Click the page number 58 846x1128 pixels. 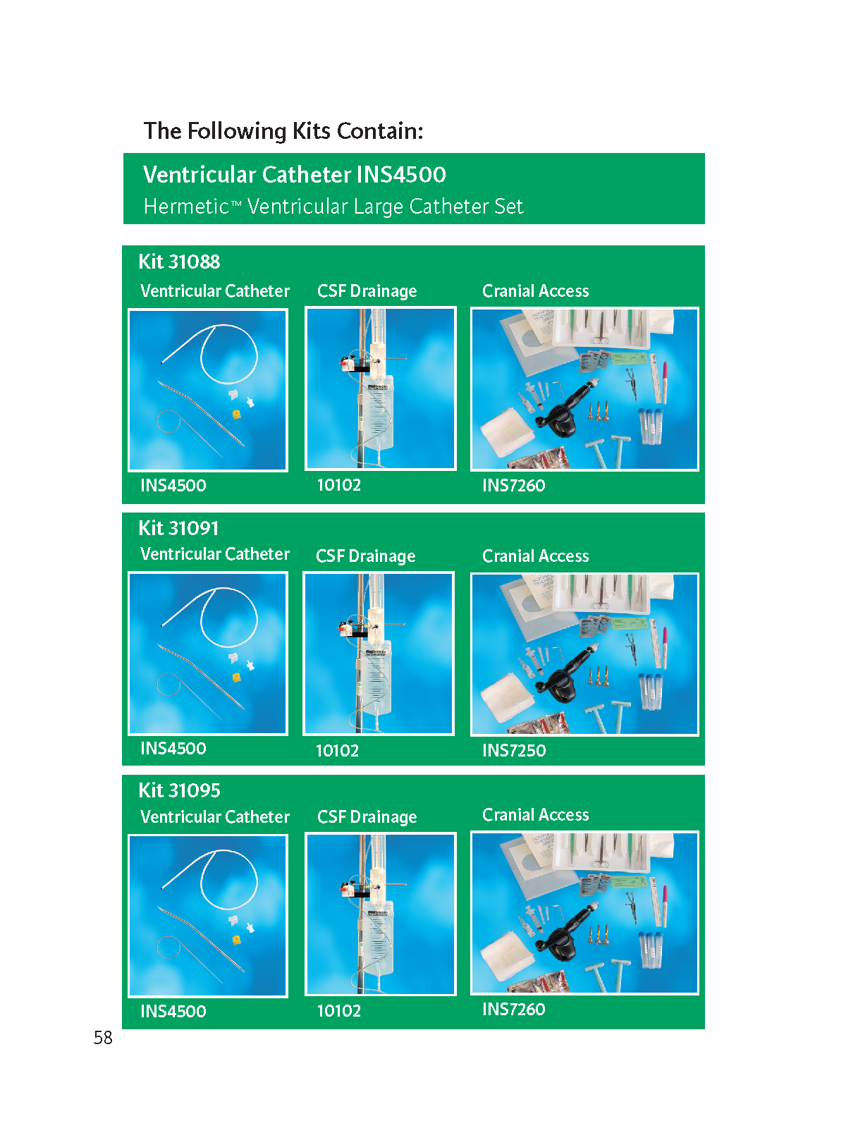(x=103, y=1037)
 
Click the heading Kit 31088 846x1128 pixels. (x=179, y=262)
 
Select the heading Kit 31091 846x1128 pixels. (x=178, y=528)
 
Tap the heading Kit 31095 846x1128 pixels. (x=179, y=790)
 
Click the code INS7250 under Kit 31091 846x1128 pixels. (x=514, y=750)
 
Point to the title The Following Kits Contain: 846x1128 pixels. (x=283, y=130)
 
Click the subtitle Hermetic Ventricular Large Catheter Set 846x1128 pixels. (x=333, y=206)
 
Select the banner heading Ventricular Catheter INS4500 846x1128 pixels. (x=294, y=174)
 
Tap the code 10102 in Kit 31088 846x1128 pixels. (x=339, y=484)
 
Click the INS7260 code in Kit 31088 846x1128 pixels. (x=514, y=485)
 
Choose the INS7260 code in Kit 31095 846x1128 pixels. (x=514, y=1010)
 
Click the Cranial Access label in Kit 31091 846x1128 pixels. (x=535, y=556)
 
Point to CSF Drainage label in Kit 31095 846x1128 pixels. (x=367, y=817)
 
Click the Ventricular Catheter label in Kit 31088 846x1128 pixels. (x=215, y=291)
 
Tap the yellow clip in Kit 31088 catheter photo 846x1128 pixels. (x=236, y=414)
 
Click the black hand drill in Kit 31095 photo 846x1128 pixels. (x=561, y=935)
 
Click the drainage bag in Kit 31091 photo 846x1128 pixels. (x=374, y=678)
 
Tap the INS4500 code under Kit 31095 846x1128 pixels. (x=173, y=1012)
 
